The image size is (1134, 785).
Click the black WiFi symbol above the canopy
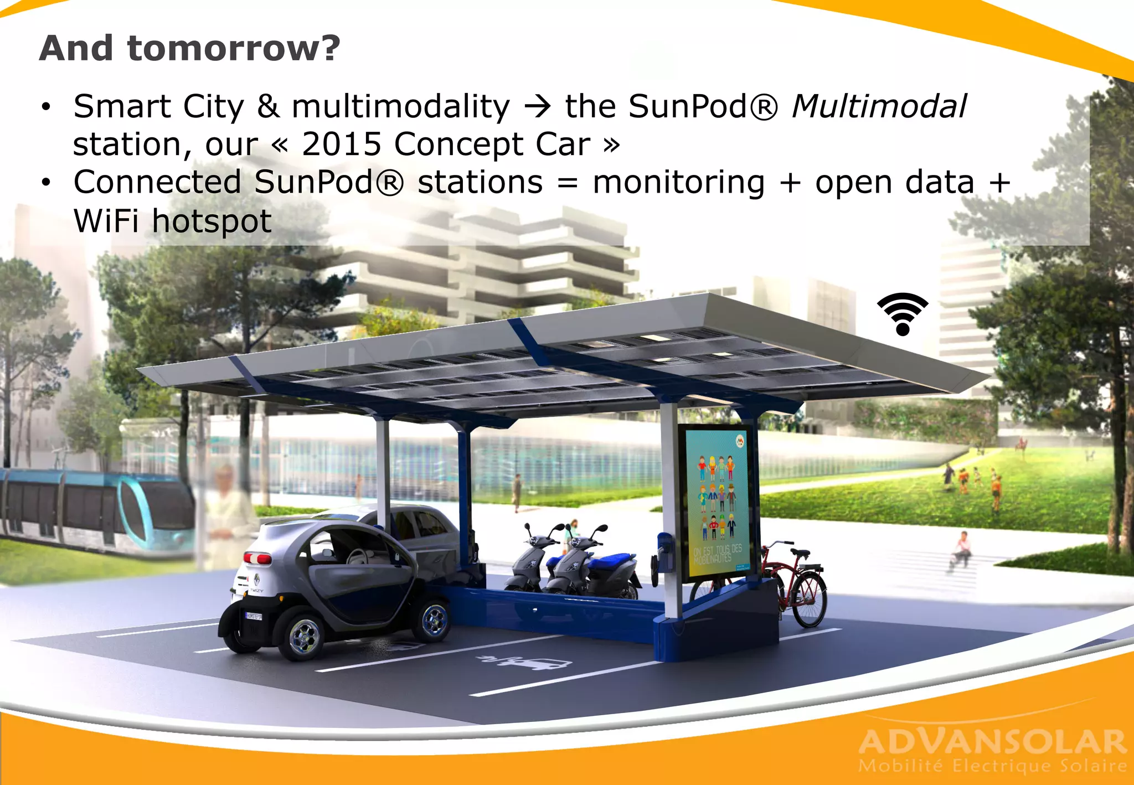point(902,314)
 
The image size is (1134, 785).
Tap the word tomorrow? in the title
point(234,48)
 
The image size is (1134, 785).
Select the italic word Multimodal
point(879,106)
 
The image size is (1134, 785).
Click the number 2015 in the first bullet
point(341,144)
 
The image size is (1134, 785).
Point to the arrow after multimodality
point(537,106)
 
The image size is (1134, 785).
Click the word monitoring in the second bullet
point(678,183)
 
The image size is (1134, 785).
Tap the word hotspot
point(212,221)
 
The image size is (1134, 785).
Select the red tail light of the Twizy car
point(257,558)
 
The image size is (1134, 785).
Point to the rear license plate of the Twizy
point(254,616)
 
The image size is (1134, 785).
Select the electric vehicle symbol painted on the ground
point(523,662)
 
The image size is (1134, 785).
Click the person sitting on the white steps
point(962,548)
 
